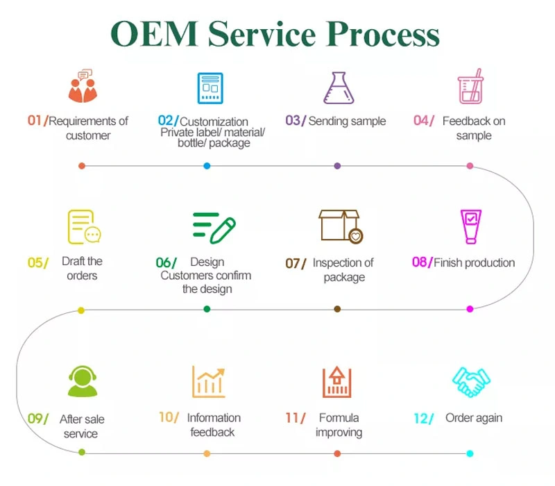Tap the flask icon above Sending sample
[337, 87]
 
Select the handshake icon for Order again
[471, 381]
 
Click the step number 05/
[38, 262]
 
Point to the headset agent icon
[82, 381]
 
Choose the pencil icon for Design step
[214, 227]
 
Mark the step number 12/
[423, 418]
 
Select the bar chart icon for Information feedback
[208, 381]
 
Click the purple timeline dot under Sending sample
[337, 166]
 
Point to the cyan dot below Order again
[470, 453]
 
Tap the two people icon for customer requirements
[82, 87]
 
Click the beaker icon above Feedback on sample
[470, 87]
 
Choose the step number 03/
[296, 121]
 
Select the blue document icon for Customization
[210, 87]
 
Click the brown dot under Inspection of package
[337, 309]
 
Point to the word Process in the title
[384, 33]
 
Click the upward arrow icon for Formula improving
[337, 381]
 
